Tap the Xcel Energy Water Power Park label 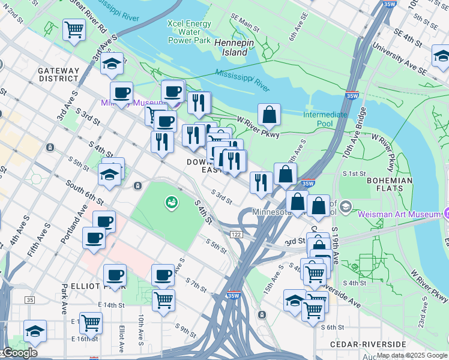[x=190, y=32]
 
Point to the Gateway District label [x=59, y=74]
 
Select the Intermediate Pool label [x=325, y=119]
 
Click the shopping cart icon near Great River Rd [x=74, y=29]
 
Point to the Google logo [x=20, y=352]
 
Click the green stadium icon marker [x=171, y=203]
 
